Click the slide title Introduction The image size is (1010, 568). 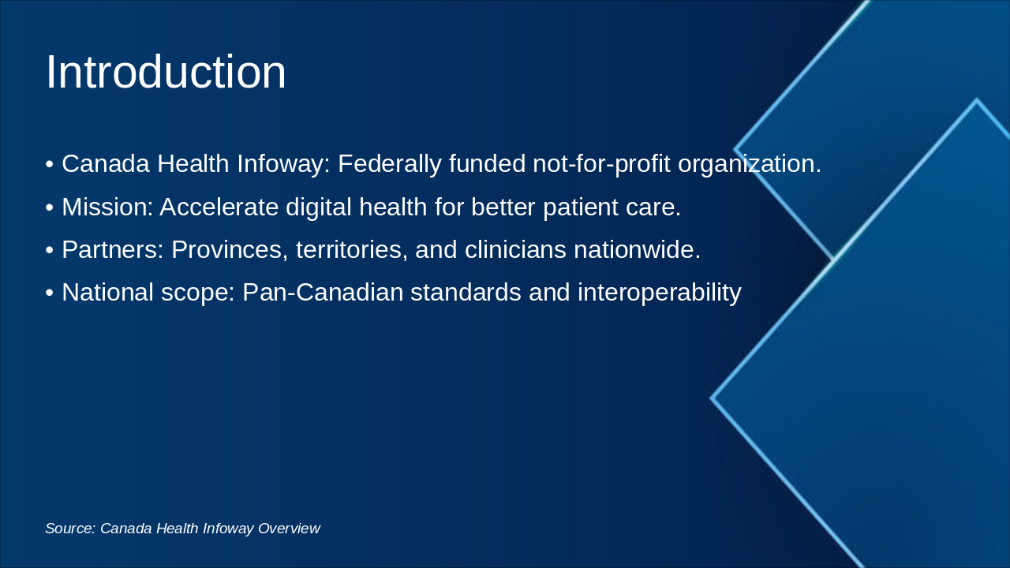[166, 72]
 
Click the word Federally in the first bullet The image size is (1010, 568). [390, 163]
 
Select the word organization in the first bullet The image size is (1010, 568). [750, 164]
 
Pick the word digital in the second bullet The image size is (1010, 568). [318, 207]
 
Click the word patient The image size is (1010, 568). [581, 207]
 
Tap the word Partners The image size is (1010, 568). [113, 249]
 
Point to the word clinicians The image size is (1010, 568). [515, 249]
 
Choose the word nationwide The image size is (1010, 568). [637, 249]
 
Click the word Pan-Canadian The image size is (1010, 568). [323, 292]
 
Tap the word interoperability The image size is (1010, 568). [659, 293]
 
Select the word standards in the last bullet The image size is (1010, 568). [466, 292]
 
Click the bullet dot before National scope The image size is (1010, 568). [50, 293]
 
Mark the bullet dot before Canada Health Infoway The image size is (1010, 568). [50, 164]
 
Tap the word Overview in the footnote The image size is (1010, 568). [289, 529]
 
